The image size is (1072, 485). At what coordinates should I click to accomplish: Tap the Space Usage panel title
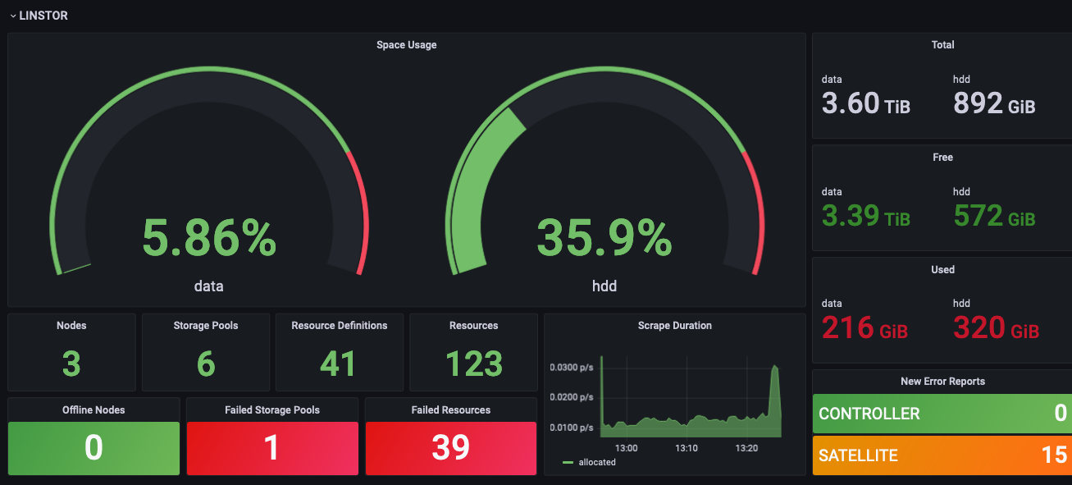(406, 45)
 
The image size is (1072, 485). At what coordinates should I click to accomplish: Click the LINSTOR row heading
(43, 16)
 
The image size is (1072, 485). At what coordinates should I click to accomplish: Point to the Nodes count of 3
(71, 364)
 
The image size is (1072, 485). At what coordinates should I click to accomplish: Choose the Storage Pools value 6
(206, 364)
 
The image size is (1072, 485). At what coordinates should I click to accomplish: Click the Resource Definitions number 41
(339, 364)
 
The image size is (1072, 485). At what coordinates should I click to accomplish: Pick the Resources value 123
(474, 364)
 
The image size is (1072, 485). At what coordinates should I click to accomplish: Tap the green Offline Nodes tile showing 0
(94, 448)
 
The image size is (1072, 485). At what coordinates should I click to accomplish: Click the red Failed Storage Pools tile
(272, 448)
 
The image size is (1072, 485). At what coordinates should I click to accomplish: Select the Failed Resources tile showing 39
(450, 448)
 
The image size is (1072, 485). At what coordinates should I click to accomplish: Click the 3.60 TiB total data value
(865, 104)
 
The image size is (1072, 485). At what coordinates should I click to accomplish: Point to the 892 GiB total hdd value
(993, 104)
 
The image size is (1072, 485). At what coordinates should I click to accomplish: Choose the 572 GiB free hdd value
(993, 217)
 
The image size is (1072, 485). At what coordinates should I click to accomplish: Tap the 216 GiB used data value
(864, 329)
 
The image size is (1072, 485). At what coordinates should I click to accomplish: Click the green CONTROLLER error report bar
(942, 414)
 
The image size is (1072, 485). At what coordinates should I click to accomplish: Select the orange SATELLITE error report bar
(942, 455)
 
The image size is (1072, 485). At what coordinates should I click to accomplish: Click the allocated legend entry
(596, 462)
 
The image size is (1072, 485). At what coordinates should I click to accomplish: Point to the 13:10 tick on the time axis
(687, 448)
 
